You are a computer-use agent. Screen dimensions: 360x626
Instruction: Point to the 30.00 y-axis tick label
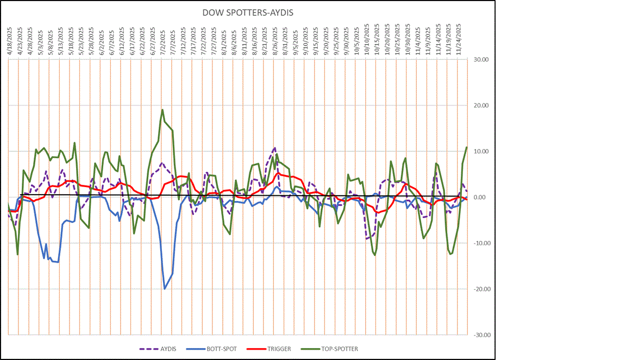tap(481, 60)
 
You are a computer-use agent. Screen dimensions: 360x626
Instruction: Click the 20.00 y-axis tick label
tap(481, 105)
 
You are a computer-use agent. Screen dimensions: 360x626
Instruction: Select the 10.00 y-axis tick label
tap(481, 152)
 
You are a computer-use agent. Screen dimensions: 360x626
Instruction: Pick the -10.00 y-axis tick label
tap(480, 243)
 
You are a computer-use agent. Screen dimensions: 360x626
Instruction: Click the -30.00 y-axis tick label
tap(480, 335)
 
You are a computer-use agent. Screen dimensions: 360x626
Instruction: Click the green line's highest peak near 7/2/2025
tap(162, 110)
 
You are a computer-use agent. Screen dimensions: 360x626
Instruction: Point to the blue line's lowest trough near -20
tap(165, 289)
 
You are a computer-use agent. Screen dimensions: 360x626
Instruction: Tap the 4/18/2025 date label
tap(9, 39)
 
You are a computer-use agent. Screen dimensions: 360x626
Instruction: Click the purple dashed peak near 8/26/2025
tap(275, 147)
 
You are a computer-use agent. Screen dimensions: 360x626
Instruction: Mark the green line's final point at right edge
tap(466, 147)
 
